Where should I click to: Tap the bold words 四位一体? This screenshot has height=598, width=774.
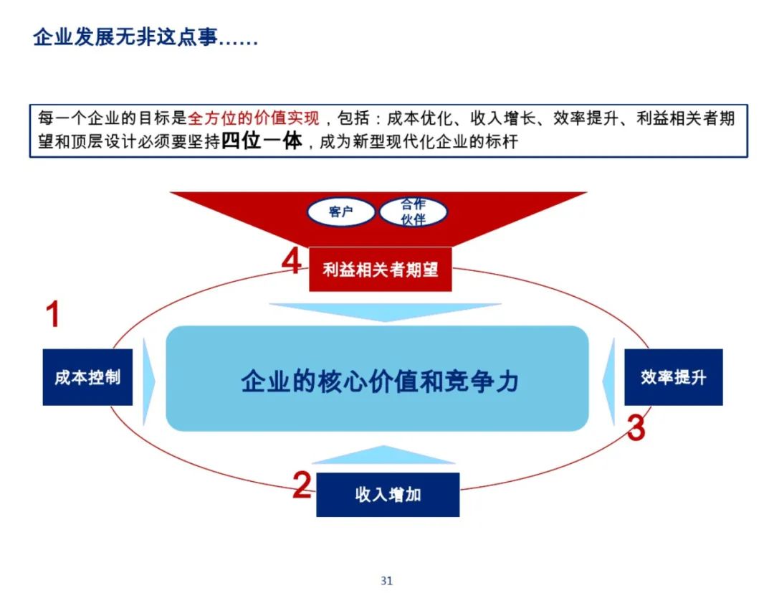click(x=262, y=141)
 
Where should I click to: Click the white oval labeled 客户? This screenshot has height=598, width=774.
click(x=341, y=212)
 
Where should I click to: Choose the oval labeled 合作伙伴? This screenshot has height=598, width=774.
click(x=414, y=212)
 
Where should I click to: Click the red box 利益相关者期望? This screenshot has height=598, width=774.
click(x=380, y=270)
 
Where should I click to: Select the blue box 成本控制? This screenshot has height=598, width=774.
click(x=87, y=378)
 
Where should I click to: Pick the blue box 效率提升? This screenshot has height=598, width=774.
click(x=673, y=377)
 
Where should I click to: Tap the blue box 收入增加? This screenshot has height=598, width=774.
click(x=387, y=495)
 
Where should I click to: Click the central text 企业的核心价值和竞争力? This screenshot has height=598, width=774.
click(x=379, y=381)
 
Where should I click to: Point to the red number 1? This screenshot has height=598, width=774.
click(x=52, y=315)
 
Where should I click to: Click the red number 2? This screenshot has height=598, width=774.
click(x=302, y=485)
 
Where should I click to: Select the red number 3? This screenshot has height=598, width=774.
click(x=636, y=428)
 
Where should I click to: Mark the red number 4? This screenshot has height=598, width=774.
click(x=291, y=262)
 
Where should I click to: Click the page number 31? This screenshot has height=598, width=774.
click(x=387, y=581)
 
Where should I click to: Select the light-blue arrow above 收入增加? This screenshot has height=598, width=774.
click(x=385, y=456)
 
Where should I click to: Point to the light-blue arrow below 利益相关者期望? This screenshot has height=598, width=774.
click(x=385, y=311)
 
